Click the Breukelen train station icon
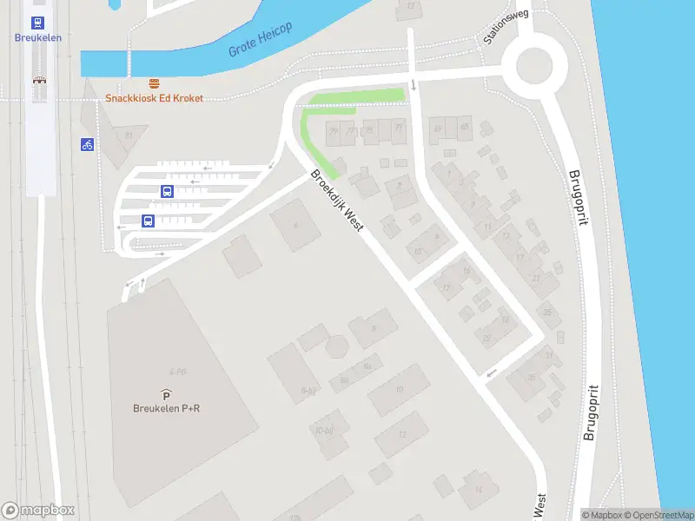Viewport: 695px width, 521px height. pos(38,23)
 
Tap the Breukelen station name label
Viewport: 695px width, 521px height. pos(38,37)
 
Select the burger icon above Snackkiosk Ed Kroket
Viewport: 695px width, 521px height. pos(155,83)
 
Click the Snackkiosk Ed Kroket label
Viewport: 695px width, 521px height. pos(155,98)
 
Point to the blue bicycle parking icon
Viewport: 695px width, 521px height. pos(87,144)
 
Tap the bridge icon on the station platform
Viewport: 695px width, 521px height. pos(39,81)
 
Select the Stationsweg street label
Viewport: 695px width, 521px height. pos(506,27)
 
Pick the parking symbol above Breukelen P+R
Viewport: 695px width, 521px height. pos(166,395)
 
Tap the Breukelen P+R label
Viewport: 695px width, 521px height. pos(167,409)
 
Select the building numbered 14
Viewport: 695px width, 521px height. pos(479,489)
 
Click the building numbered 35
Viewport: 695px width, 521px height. pos(533,376)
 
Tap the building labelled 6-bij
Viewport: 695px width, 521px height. pos(308,391)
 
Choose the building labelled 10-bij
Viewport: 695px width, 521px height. pos(325,430)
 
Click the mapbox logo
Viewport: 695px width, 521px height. pos(38,511)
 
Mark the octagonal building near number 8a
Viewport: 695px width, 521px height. pos(337,346)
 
